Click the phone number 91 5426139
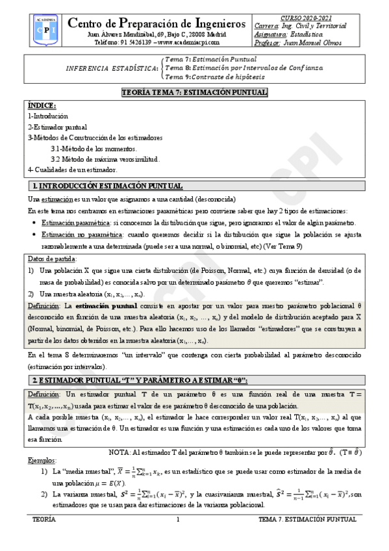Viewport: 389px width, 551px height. pyautogui.click(x=132, y=42)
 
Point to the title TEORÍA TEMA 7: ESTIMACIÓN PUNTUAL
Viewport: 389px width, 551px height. pyautogui.click(x=194, y=93)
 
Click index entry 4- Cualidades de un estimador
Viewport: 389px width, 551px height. pyautogui.click(x=72, y=170)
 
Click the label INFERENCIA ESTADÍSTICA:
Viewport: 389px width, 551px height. pyautogui.click(x=112, y=68)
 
